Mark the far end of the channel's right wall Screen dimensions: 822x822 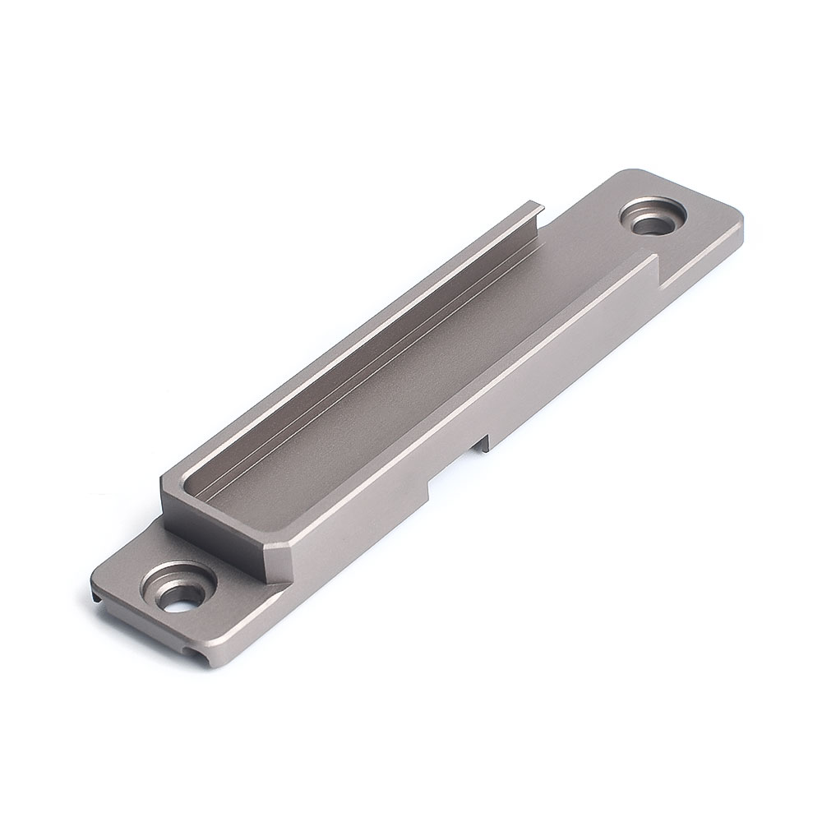[654, 261]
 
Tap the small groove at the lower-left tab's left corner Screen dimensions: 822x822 [99, 598]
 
